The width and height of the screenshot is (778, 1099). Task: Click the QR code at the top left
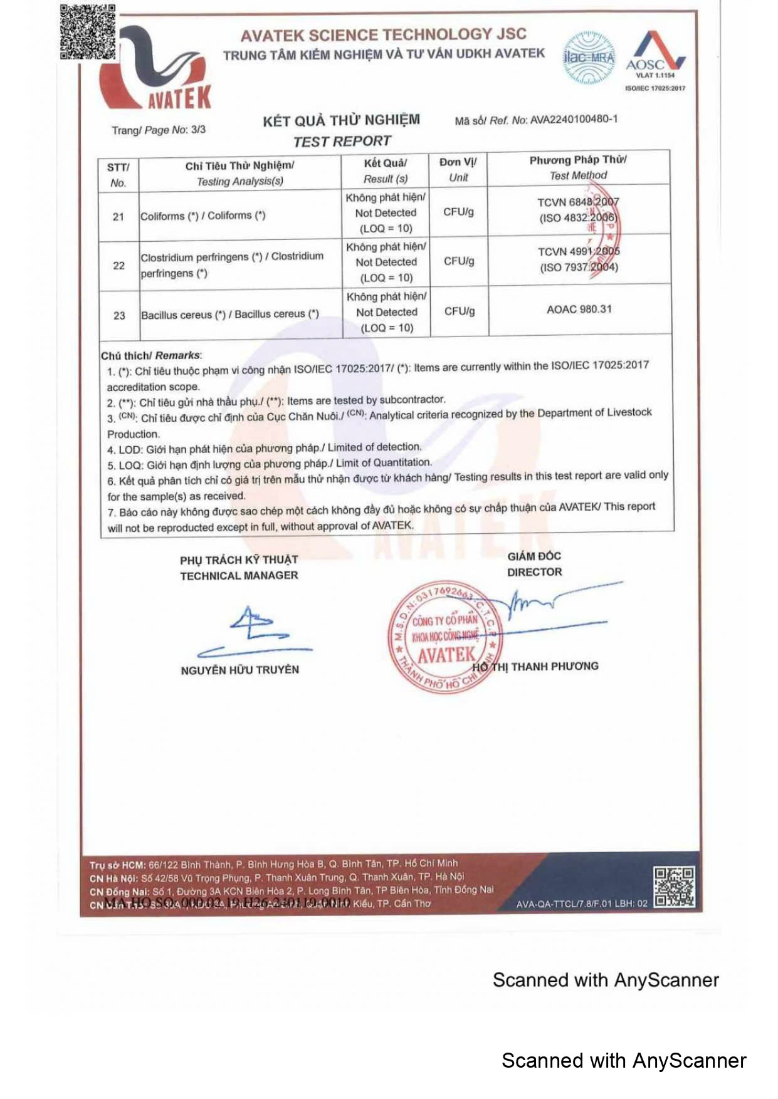click(88, 31)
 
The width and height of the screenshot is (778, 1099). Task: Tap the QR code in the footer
click(674, 887)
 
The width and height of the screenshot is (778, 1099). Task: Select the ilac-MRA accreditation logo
click(588, 58)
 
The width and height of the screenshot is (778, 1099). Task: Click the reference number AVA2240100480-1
click(574, 119)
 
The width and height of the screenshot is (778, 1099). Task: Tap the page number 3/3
click(198, 130)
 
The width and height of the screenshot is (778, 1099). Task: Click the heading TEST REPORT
click(342, 142)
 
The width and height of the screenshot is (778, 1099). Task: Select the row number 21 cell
click(118, 217)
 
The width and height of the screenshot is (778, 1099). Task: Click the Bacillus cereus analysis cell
click(230, 315)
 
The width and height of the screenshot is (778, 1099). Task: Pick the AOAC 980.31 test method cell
click(579, 309)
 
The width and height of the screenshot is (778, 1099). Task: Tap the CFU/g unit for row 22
click(459, 261)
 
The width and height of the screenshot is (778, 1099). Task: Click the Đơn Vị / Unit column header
click(458, 170)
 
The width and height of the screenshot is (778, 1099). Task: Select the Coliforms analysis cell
click(203, 216)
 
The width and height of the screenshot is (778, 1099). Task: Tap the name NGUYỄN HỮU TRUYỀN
click(239, 670)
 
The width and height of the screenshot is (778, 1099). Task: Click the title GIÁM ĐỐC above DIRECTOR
click(534, 556)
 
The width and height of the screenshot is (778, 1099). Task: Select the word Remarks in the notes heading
click(177, 355)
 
